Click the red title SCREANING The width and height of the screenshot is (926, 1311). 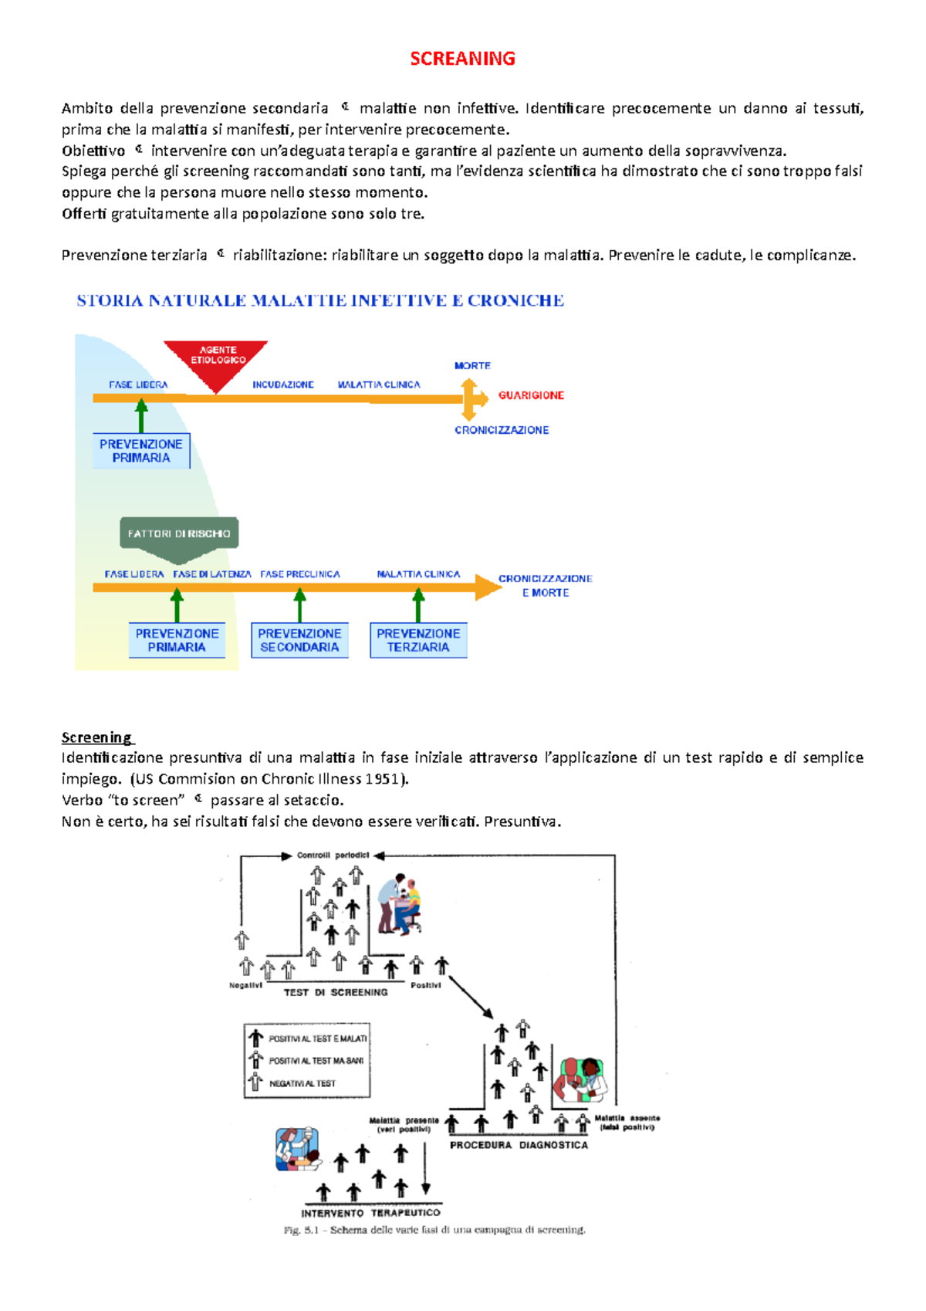coord(462,59)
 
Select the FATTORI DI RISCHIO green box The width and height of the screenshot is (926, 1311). coord(179,534)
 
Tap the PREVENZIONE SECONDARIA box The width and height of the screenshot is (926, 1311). coord(299,640)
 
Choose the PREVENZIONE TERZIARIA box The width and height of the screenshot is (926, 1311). coord(418,640)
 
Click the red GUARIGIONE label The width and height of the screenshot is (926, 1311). coord(531,395)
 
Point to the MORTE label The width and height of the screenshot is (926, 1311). coord(472,366)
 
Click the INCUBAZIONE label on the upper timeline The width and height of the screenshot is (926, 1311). coord(283,384)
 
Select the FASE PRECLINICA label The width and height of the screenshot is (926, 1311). coord(300,574)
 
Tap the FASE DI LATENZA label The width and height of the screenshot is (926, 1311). coord(212,574)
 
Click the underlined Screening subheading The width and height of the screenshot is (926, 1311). coord(96,737)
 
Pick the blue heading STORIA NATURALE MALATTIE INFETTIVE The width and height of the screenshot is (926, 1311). coord(320,301)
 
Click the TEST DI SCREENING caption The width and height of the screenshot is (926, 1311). coord(335,993)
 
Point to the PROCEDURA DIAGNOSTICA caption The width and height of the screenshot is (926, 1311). coord(519,1145)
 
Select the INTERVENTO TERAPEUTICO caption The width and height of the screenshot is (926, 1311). coord(370,1213)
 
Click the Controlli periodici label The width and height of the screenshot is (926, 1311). coord(333,855)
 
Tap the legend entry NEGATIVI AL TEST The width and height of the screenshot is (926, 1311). coord(302,1084)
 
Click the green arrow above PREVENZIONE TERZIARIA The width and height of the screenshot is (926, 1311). coord(418,605)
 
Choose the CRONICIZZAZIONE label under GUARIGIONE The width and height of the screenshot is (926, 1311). coord(502,430)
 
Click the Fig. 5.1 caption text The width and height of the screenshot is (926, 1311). coord(434,1230)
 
